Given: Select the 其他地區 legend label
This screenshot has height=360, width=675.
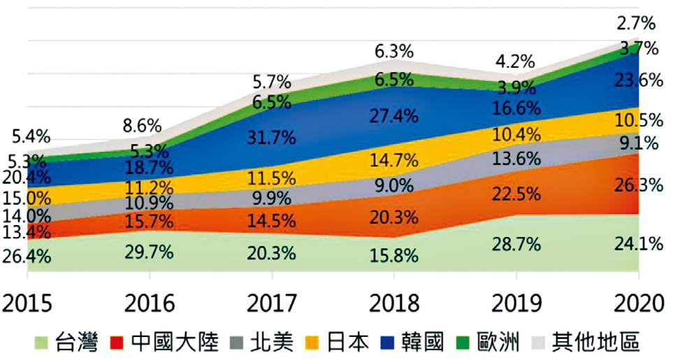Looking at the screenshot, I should point(595,343).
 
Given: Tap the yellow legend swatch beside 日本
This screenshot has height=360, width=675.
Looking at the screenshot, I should point(312,343).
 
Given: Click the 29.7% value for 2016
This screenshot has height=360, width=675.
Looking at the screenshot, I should point(149,252).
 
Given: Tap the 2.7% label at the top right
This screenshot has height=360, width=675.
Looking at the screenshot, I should point(635,24).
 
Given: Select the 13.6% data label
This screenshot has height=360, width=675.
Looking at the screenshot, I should point(516,159).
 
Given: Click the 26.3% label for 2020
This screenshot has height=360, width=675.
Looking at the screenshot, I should point(637,185).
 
